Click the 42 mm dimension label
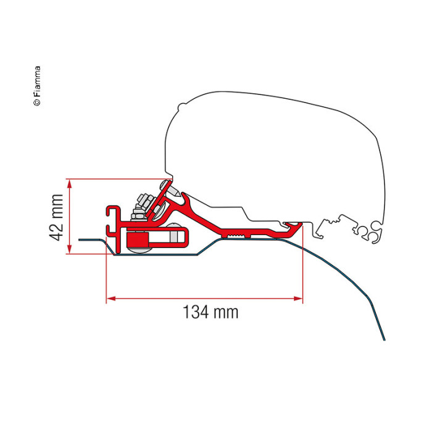pyautogui.click(x=57, y=218)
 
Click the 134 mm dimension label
pyautogui.click(x=210, y=312)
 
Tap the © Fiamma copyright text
pyautogui.click(x=37, y=86)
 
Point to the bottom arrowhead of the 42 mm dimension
pyautogui.click(x=69, y=249)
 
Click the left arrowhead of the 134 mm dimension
pyautogui.click(x=111, y=298)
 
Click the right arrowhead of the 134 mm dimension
pyautogui.click(x=298, y=298)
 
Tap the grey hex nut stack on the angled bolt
pyautogui.click(x=141, y=207)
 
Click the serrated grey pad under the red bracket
pyautogui.click(x=236, y=236)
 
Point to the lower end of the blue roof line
pyautogui.click(x=384, y=340)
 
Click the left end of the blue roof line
pyautogui.click(x=80, y=239)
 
